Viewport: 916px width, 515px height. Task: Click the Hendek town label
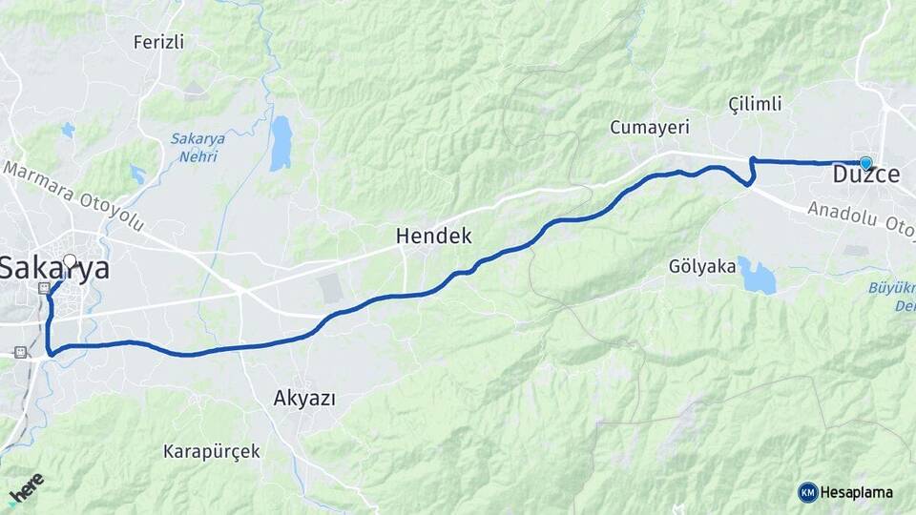click(x=433, y=236)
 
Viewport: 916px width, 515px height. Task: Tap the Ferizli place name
click(x=158, y=42)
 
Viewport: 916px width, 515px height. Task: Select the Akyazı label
click(x=304, y=398)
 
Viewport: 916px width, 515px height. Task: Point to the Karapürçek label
click(x=211, y=451)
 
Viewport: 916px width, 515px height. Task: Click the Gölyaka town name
click(x=703, y=266)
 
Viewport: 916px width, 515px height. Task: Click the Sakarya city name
click(x=54, y=269)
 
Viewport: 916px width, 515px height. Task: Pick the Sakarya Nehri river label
click(x=198, y=146)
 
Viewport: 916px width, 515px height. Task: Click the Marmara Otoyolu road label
click(x=73, y=196)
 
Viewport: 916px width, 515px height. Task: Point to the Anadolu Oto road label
click(x=859, y=216)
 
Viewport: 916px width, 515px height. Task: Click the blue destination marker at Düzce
click(x=865, y=163)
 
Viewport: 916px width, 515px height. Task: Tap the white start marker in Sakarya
click(x=69, y=259)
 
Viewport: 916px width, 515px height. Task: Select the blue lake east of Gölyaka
click(x=759, y=277)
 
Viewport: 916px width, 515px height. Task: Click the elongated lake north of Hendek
click(x=280, y=143)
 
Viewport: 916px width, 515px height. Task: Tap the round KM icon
click(x=808, y=492)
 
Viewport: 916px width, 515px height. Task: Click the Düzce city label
click(x=866, y=176)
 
